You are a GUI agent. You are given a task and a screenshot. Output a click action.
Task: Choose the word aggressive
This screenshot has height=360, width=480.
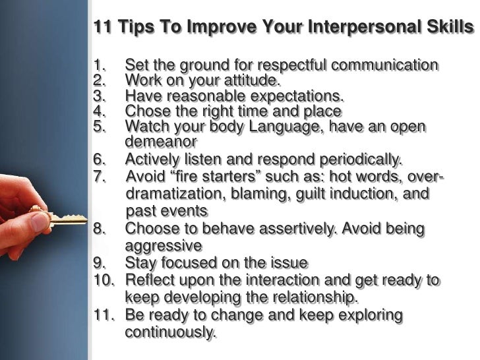(x=163, y=246)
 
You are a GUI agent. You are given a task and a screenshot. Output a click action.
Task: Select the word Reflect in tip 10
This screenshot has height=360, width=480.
(x=149, y=280)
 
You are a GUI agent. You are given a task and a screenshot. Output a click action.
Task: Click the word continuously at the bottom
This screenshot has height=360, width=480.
(x=169, y=332)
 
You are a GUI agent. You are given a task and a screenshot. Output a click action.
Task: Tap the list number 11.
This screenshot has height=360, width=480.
(x=104, y=315)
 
